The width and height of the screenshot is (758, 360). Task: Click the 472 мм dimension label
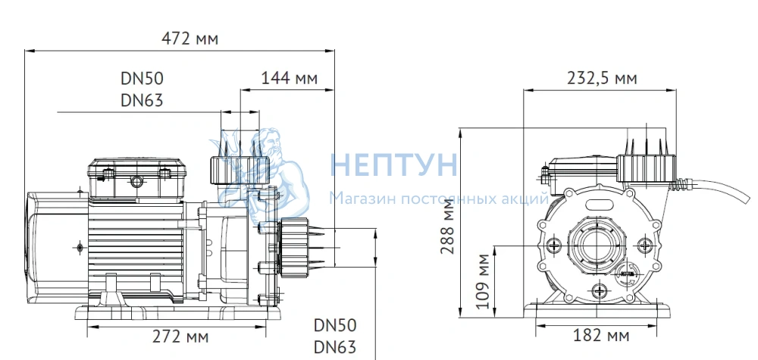coord(189,38)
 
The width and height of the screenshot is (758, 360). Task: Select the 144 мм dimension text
coord(289,77)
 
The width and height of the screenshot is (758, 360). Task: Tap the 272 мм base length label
coord(180,337)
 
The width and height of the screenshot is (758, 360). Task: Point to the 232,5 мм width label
coord(602,77)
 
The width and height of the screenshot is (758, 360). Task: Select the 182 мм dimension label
coord(601,335)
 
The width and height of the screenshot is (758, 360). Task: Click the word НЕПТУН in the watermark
coord(393,164)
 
